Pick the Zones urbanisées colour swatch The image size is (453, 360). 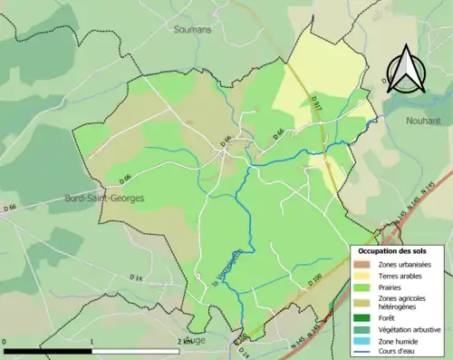(x=362, y=264)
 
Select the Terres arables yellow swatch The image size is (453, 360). (x=362, y=275)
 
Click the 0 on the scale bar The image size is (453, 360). (x=5, y=342)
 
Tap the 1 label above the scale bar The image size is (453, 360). (x=92, y=342)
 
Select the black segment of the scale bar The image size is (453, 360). (x=49, y=350)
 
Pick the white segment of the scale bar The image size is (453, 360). (x=136, y=350)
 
